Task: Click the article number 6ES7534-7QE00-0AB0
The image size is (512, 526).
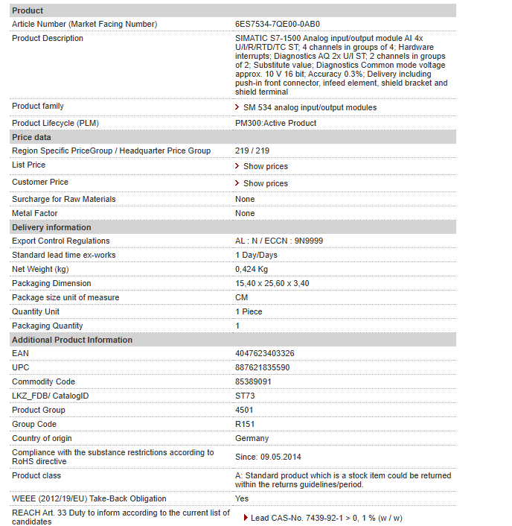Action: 277,24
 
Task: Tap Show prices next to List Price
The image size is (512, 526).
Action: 265,166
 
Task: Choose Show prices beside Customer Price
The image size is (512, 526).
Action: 265,183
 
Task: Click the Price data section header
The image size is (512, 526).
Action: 31,137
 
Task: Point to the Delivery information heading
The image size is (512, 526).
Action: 51,227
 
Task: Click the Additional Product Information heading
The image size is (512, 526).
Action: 72,340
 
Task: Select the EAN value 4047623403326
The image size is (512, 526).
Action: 264,353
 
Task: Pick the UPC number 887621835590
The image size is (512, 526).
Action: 262,367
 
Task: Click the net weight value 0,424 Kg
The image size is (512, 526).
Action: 252,269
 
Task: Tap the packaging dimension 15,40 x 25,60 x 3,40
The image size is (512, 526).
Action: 272,283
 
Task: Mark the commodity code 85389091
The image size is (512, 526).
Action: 253,381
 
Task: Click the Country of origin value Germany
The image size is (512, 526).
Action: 252,438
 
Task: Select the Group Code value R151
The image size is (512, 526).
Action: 246,424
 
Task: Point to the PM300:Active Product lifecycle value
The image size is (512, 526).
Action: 275,123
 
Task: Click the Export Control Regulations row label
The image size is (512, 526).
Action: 60,241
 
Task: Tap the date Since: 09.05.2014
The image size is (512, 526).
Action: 268,457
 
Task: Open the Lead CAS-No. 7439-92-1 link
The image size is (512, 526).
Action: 326,518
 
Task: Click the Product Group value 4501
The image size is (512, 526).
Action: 244,410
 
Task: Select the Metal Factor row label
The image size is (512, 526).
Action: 34,213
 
